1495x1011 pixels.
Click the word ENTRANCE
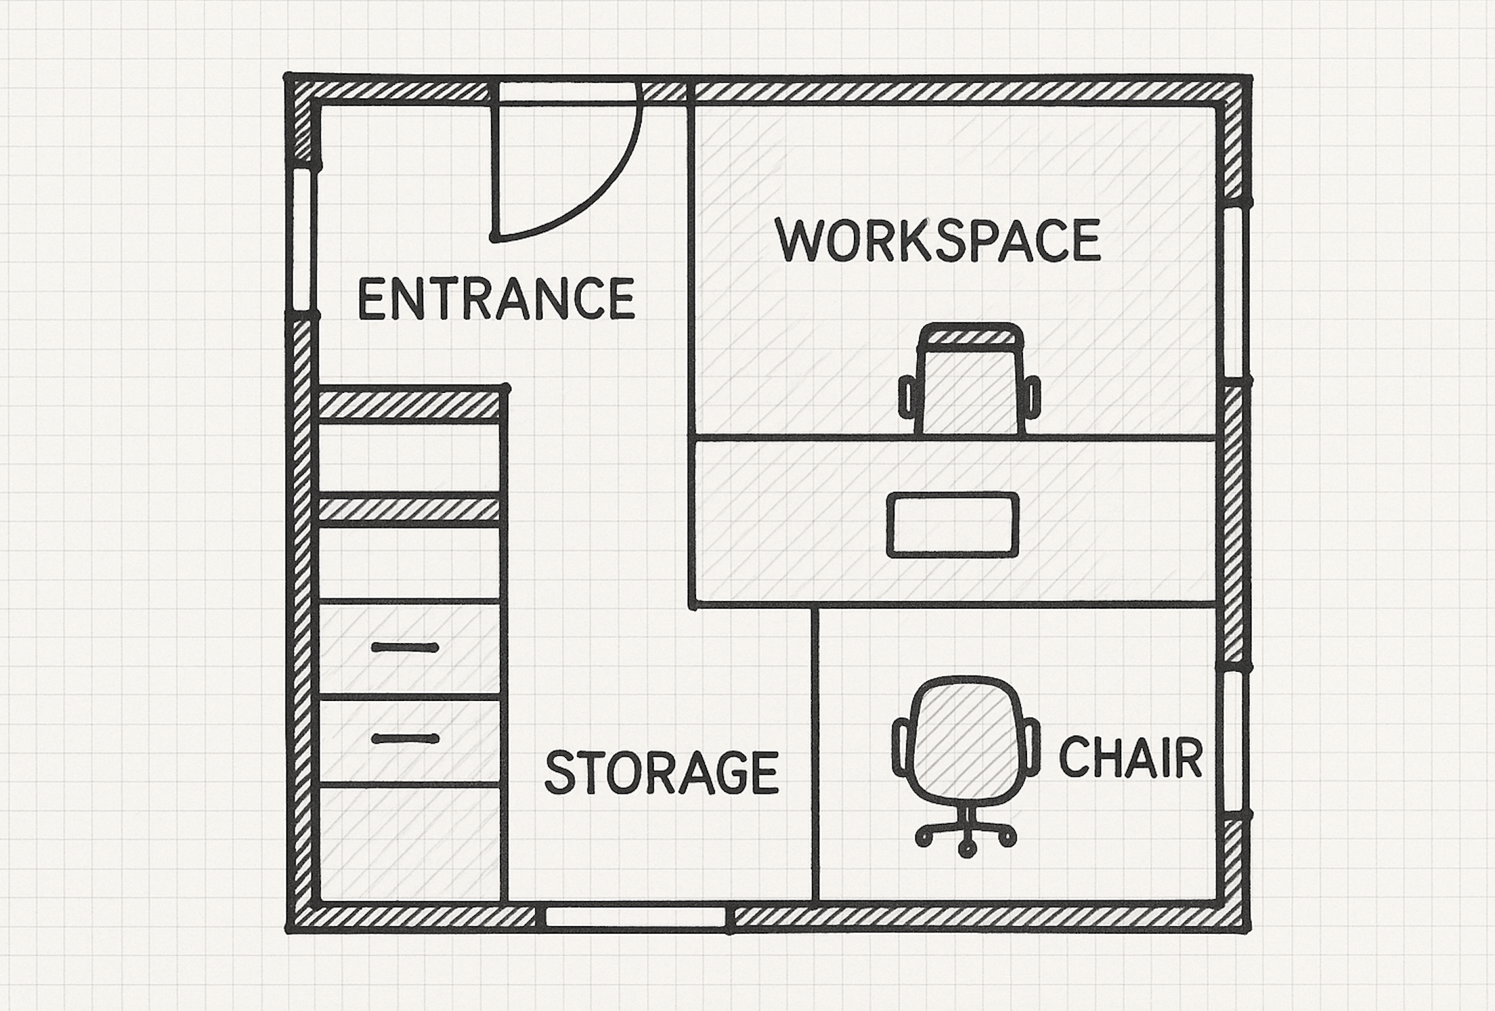coord(496,298)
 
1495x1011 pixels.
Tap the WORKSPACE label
coord(938,240)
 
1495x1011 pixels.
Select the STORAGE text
coord(662,772)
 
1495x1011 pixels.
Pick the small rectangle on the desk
coord(953,525)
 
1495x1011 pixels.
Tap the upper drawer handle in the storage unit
coord(405,648)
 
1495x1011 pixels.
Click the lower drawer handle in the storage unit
coord(405,738)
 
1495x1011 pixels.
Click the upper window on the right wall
coord(1236,290)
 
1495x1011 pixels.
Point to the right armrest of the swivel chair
coord(1029,748)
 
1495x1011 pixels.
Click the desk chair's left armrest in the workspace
coord(907,397)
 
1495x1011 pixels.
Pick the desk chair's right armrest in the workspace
coord(1032,397)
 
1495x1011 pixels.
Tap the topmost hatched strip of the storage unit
coord(410,405)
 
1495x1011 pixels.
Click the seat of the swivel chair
coord(967,740)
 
